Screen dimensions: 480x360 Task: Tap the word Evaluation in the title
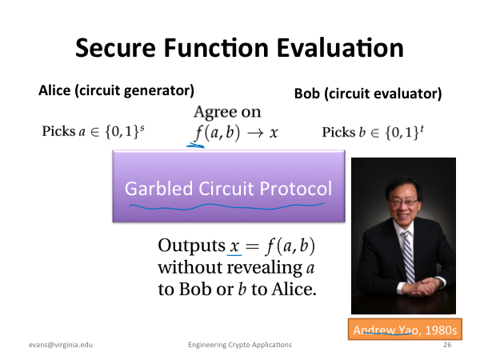click(340, 48)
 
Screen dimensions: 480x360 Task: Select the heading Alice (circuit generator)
click(116, 90)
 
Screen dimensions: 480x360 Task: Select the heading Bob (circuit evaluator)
click(368, 94)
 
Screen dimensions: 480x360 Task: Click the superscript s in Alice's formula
click(142, 128)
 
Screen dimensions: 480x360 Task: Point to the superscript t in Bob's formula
click(422, 128)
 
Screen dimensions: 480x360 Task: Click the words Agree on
click(227, 112)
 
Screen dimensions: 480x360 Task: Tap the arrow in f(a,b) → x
click(256, 133)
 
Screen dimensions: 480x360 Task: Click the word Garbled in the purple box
click(158, 188)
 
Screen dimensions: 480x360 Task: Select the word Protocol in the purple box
click(296, 188)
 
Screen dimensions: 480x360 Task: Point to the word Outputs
click(192, 246)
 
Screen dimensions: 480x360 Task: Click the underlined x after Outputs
click(234, 246)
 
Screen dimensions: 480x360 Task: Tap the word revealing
click(265, 267)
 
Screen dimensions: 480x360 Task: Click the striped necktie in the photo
click(409, 256)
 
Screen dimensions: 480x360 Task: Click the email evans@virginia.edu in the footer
click(61, 345)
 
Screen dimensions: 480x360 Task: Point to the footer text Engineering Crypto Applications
click(240, 345)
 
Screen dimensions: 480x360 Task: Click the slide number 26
click(447, 345)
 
